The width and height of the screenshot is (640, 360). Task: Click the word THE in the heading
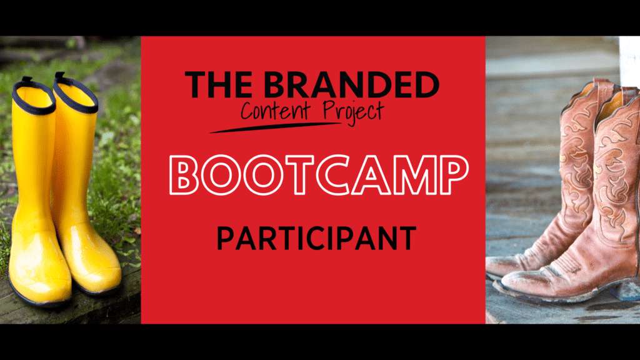coord(218,85)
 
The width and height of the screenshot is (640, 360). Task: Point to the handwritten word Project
coord(353,112)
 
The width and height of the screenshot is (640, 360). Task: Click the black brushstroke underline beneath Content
coord(275,127)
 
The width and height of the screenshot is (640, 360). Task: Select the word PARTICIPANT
coord(316,238)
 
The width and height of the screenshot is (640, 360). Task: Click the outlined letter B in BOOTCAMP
coord(184,175)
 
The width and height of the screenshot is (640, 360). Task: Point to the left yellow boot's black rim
coord(34,97)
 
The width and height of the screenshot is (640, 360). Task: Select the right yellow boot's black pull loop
coord(60,77)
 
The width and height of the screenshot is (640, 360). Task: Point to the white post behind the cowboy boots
coord(629,61)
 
